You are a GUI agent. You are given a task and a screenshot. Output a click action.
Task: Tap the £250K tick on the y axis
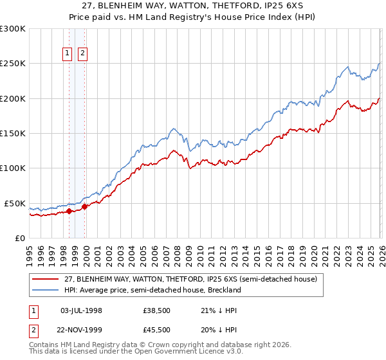click(x=13, y=64)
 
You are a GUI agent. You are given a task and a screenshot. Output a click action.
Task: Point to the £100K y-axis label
click(x=13, y=168)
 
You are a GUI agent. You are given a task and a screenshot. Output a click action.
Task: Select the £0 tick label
click(x=20, y=238)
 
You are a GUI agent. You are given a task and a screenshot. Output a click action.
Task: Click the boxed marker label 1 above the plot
click(x=68, y=54)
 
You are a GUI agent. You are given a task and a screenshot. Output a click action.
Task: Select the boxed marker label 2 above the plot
click(x=83, y=54)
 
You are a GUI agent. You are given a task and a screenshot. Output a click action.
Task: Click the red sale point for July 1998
click(x=69, y=211)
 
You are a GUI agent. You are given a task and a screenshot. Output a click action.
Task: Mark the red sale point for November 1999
click(x=84, y=206)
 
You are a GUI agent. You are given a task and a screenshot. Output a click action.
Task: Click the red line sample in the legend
click(x=46, y=280)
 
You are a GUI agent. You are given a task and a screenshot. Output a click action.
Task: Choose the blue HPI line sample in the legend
click(x=46, y=290)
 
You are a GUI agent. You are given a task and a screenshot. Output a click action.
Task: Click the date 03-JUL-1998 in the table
click(x=81, y=310)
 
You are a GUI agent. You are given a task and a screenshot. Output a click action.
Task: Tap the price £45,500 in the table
click(x=158, y=330)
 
